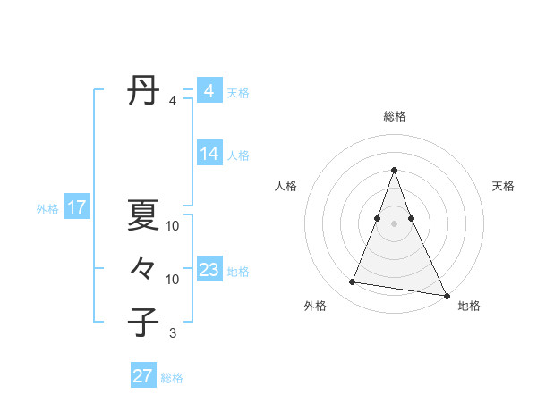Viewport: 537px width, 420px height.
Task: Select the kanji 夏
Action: point(143,215)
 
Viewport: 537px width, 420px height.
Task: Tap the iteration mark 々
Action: point(143,269)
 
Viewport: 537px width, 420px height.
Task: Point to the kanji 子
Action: point(143,323)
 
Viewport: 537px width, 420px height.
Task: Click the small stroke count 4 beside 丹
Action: point(172,101)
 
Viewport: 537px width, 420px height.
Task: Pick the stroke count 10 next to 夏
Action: point(173,226)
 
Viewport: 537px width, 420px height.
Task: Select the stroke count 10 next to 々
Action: point(173,280)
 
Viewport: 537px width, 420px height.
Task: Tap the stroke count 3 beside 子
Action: point(172,333)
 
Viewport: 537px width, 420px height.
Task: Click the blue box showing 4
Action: point(209,91)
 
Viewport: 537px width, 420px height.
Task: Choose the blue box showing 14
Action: point(209,154)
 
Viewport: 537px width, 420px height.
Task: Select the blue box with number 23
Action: point(209,270)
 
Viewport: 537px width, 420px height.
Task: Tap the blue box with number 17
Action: point(76,208)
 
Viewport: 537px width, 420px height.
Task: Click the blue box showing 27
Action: point(142,376)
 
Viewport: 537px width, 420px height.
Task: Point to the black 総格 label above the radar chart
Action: point(395,116)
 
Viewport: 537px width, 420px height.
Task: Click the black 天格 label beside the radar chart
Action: point(503,186)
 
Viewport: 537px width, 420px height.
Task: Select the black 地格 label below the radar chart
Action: point(469,307)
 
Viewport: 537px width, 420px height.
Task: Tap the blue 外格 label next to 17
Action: point(47,209)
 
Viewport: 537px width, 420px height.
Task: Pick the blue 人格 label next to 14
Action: point(238,155)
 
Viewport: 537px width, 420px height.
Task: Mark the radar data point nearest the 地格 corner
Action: point(445,294)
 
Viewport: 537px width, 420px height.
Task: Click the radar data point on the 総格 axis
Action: point(395,171)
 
